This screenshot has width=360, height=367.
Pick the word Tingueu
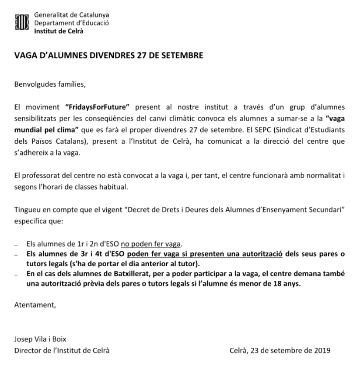point(28,209)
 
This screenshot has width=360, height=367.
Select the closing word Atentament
point(36,305)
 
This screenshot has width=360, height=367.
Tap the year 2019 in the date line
point(322,350)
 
